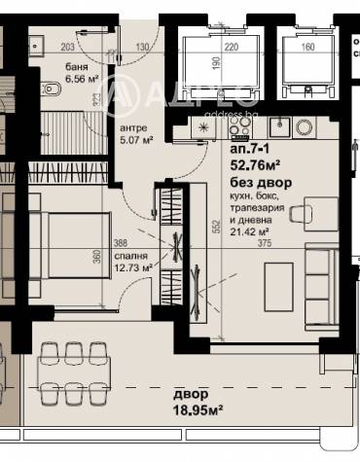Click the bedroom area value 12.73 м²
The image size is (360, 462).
pos(132,267)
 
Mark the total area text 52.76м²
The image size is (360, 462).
pos(255,165)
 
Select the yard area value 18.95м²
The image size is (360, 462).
pos(199,412)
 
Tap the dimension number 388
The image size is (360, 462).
pos(120,243)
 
